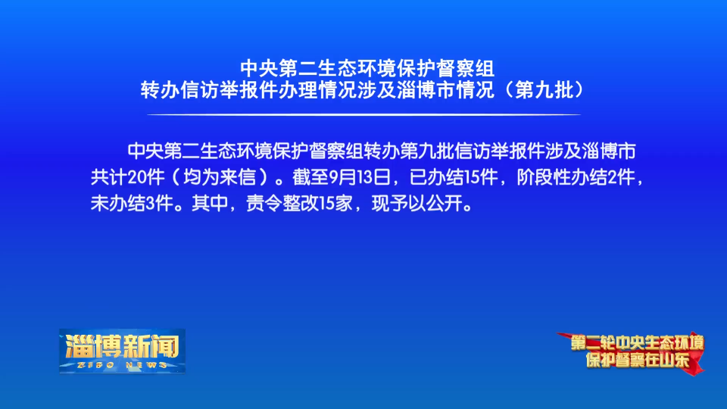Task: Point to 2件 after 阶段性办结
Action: point(621,177)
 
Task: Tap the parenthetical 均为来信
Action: point(220,177)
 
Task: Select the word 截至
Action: point(310,177)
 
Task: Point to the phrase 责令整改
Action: point(282,203)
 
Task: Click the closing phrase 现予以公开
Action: point(417,203)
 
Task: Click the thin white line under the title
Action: point(364,114)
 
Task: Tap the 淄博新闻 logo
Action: point(123,351)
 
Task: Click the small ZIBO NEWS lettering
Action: point(123,365)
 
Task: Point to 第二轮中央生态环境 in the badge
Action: point(638,342)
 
